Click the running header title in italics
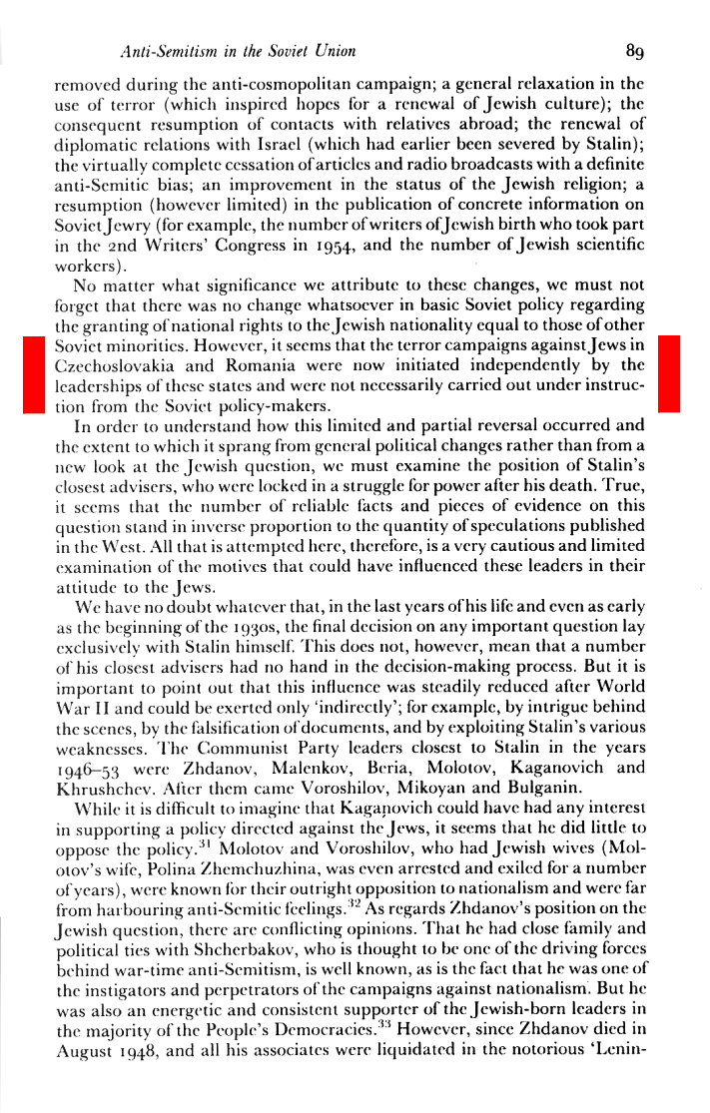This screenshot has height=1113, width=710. [x=238, y=49]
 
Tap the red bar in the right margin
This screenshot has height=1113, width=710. [x=669, y=374]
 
